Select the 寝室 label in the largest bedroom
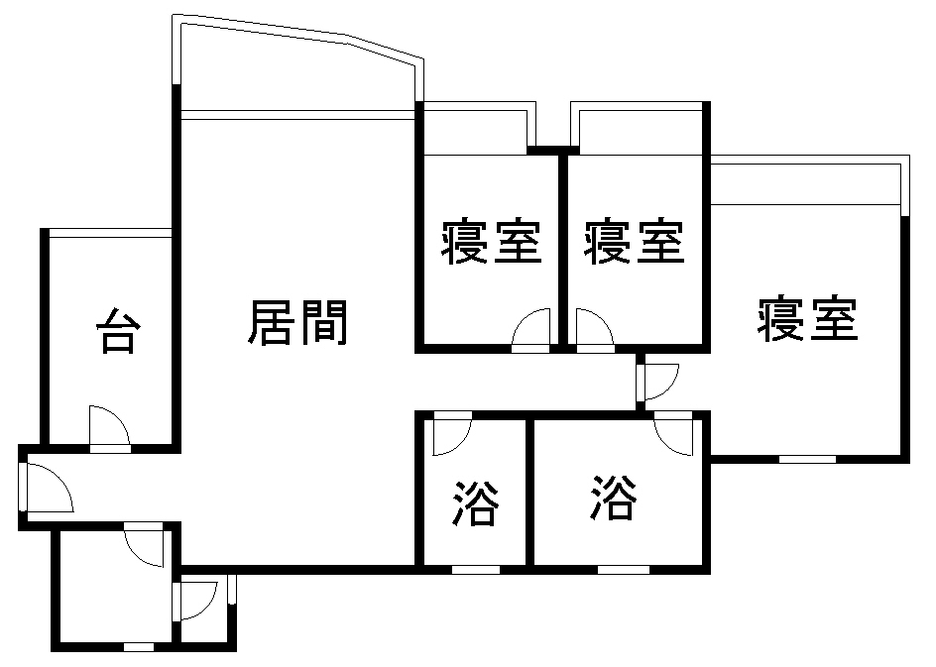click(807, 319)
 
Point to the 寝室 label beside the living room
click(491, 243)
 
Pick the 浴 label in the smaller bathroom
click(475, 502)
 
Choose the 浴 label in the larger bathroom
click(614, 498)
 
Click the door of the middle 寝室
click(593, 330)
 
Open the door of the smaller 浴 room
click(451, 433)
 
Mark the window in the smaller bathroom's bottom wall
click(475, 569)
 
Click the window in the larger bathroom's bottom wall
click(624, 569)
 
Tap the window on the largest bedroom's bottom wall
click(806, 459)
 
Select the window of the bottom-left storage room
click(138, 647)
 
